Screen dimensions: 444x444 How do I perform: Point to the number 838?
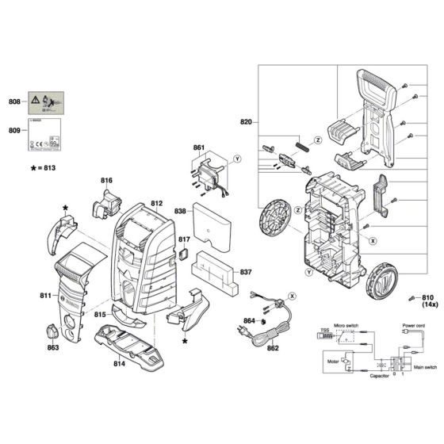(x=181, y=212)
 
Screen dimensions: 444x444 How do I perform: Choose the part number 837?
(x=246, y=272)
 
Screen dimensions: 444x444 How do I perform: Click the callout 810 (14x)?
(x=429, y=299)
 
